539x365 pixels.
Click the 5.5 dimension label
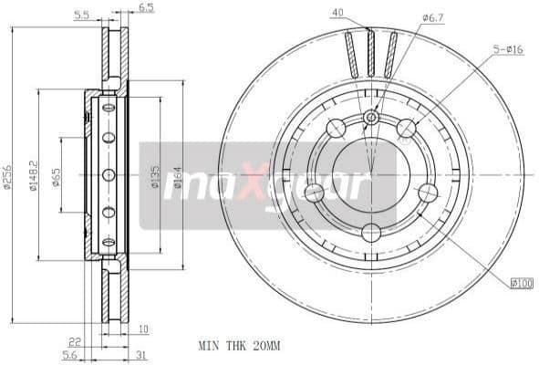click(81, 15)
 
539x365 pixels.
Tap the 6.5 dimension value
click(146, 8)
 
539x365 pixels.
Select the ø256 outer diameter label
click(8, 176)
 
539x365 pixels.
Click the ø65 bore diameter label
click(57, 176)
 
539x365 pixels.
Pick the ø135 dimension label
click(154, 175)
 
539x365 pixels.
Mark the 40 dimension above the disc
click(338, 13)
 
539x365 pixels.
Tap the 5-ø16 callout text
click(507, 49)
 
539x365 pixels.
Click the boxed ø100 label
click(521, 284)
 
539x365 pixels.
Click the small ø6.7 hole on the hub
click(371, 118)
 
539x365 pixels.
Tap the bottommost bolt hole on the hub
click(371, 233)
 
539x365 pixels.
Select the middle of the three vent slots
click(369, 54)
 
